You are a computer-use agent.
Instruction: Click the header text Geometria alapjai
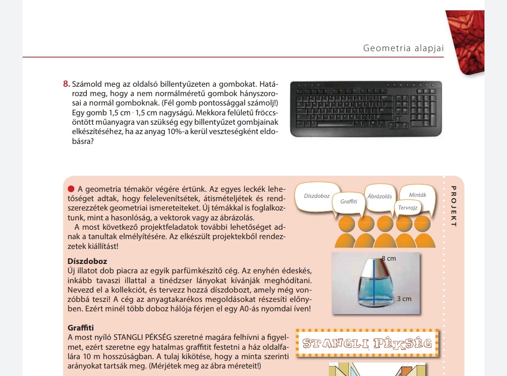pos(403,48)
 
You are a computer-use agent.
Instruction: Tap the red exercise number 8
pos(66,84)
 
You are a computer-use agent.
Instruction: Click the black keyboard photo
pos(366,109)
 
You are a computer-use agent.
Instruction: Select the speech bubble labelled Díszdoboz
pos(316,196)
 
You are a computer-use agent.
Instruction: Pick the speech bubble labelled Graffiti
pos(348,202)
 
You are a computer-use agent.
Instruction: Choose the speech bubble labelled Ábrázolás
pos(379,196)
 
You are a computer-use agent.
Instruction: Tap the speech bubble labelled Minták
pos(417,195)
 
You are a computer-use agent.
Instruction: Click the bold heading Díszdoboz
pos(87,261)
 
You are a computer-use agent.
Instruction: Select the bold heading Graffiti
pos(81,328)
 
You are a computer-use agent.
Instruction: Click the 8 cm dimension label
pos(389,258)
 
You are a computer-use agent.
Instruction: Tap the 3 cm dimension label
pos(404,299)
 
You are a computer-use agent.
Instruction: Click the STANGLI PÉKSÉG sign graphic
pos(367,344)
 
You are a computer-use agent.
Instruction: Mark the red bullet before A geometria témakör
pos(71,189)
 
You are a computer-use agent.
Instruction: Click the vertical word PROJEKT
pos(453,207)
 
